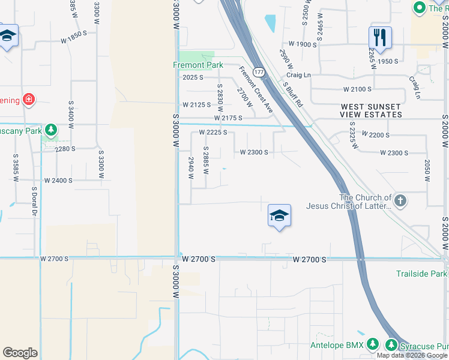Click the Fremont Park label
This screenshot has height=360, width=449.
[x=198, y=65]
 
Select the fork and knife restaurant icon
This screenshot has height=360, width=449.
[x=380, y=37]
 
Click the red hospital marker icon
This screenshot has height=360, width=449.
[x=28, y=99]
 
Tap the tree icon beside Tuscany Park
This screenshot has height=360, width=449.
[x=52, y=130]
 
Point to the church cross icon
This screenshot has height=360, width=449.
[x=400, y=200]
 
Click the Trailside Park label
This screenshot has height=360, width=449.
[x=422, y=274]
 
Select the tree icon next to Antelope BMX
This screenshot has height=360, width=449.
[x=373, y=344]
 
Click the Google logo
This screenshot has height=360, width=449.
[x=20, y=353]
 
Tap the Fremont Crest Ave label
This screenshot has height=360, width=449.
[x=256, y=90]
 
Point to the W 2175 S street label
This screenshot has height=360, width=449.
[x=228, y=119]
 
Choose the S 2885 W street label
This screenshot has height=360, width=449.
[x=206, y=160]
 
